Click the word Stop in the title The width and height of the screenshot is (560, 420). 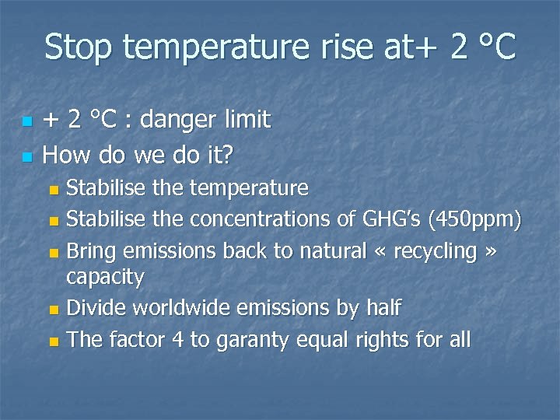pos(79,48)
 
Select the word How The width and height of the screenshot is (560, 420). pos(63,155)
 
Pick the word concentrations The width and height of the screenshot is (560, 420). pos(250,220)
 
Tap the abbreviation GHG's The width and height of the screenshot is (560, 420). pos(382,220)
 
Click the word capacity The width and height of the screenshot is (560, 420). pos(106,277)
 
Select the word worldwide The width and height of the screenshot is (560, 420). pos(180,308)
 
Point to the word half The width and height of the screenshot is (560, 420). pos(382,308)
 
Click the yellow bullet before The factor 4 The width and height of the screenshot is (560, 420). pos(53,341)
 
